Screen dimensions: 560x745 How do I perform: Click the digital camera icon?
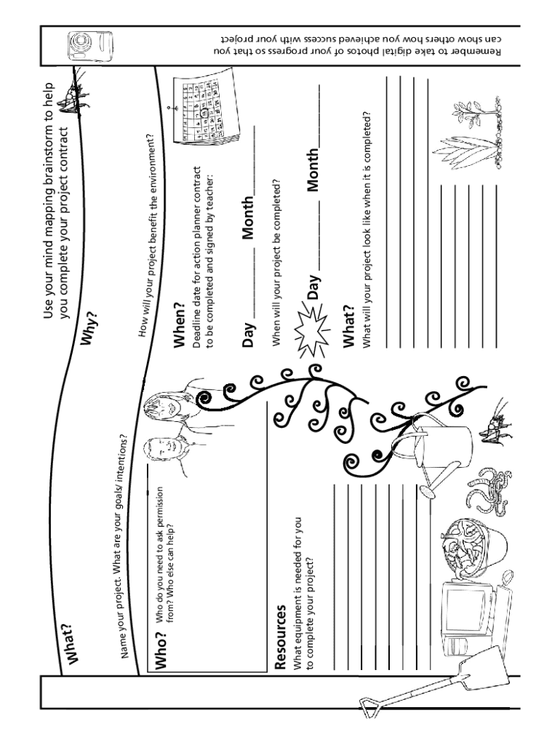click(90, 47)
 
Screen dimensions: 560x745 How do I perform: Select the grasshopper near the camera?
click(73, 95)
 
